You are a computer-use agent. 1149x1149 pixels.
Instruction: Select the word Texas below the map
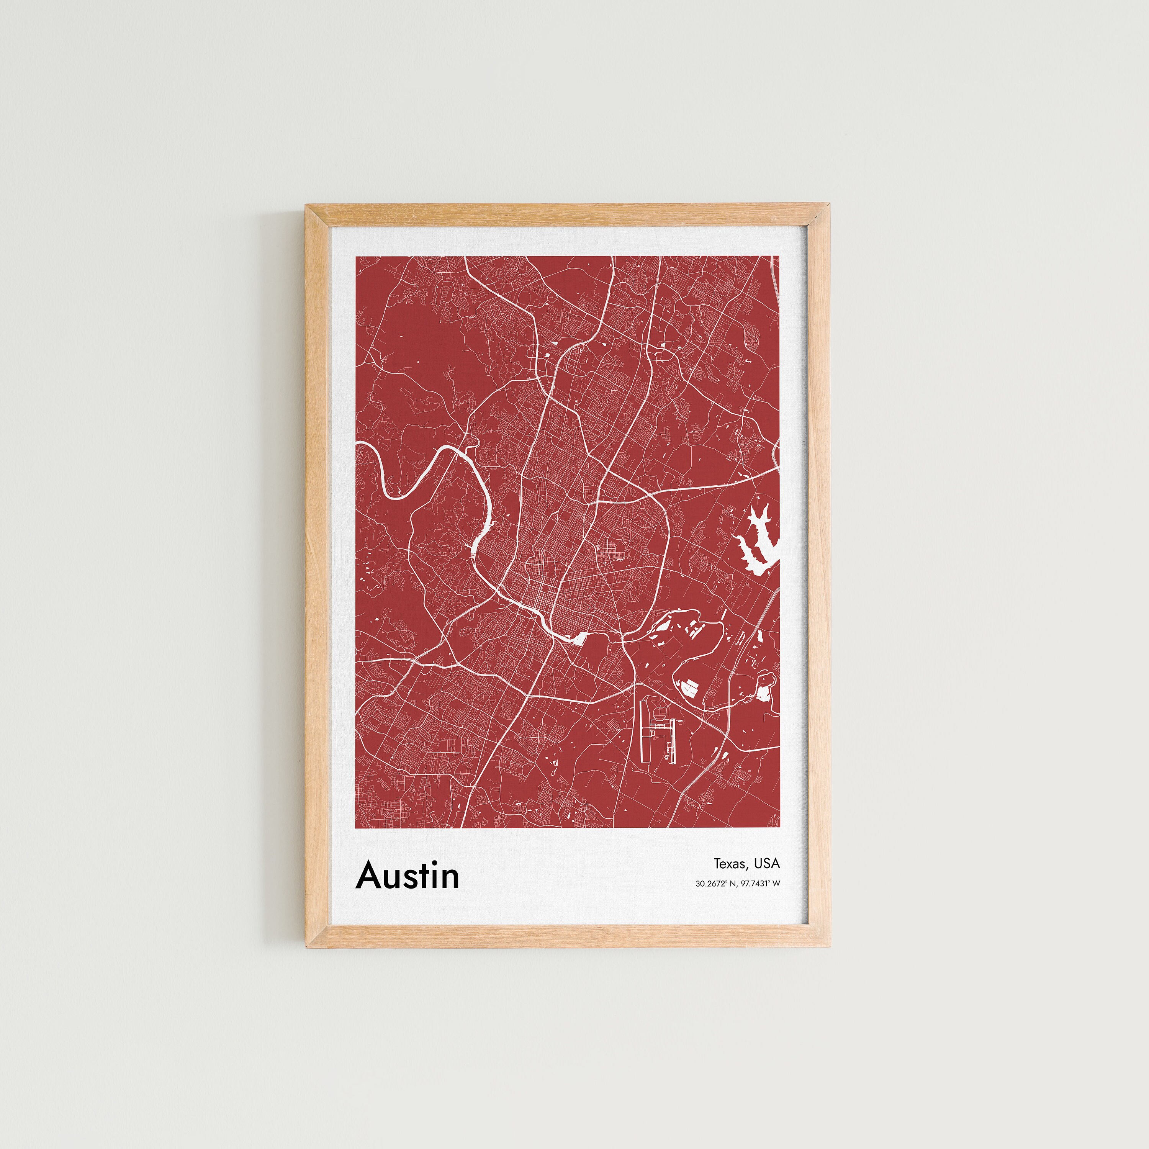[x=729, y=864]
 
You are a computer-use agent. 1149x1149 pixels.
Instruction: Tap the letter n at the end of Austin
[x=449, y=879]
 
